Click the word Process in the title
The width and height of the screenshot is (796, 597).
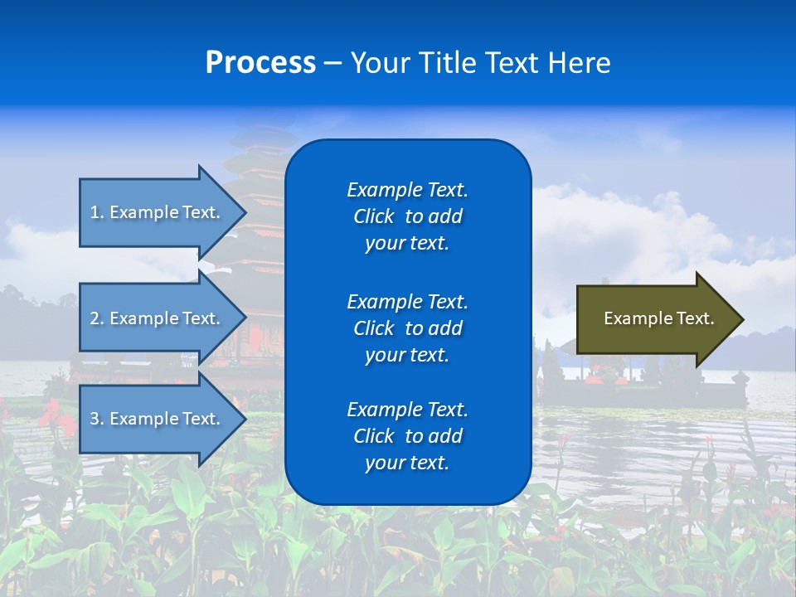(260, 63)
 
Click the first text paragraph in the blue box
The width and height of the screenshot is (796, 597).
(407, 216)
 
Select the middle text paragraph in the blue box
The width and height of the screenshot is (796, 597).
(407, 328)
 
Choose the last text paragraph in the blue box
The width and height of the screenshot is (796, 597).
(407, 436)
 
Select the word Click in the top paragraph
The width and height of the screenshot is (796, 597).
(373, 216)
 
